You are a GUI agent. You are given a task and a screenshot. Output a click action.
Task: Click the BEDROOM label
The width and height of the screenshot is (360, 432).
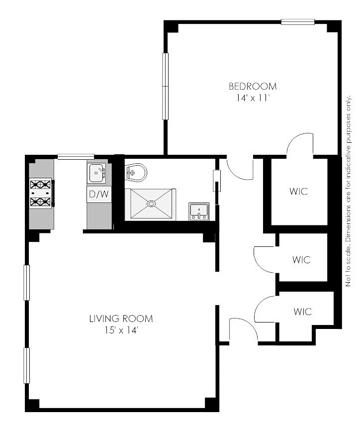pos(253,86)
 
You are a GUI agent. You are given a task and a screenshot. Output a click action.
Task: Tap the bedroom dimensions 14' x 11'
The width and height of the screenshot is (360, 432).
pos(253,98)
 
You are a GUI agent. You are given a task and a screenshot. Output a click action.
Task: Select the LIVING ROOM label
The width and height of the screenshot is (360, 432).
pos(121,319)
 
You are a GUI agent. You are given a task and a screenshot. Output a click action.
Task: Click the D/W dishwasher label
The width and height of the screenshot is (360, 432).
pos(99,194)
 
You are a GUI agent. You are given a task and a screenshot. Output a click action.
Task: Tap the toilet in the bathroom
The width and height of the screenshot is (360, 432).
pos(136,173)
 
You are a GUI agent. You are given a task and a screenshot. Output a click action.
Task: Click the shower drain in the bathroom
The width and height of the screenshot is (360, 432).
pos(151,204)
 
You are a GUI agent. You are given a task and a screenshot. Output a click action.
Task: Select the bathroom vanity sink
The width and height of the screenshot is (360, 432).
pos(199,212)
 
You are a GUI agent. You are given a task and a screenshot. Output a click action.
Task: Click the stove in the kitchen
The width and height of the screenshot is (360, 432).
pos(41,193)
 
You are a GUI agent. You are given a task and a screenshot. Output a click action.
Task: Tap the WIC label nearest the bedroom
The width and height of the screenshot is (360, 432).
pos(299,191)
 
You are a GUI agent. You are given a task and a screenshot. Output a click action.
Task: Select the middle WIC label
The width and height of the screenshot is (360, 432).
pos(302,259)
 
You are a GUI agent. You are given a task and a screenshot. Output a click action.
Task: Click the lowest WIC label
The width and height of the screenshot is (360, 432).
pos(303,312)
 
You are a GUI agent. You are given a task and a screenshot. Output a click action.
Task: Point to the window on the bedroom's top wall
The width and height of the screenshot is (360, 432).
pos(298,22)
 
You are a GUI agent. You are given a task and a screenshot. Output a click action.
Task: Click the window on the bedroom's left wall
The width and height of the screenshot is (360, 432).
pos(165,86)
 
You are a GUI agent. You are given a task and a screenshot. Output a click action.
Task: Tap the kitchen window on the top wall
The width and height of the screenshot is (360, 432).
pos(76,157)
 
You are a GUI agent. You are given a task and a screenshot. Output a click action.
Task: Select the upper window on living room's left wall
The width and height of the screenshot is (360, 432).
pos(26,282)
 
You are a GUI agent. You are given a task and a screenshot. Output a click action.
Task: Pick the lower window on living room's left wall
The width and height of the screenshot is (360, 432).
pos(26,366)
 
